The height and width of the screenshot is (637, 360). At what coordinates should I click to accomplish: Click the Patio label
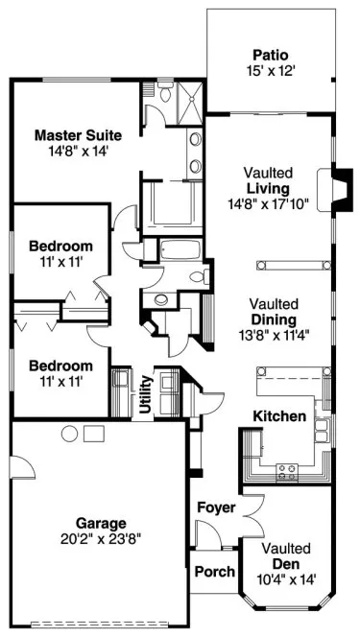[270, 55]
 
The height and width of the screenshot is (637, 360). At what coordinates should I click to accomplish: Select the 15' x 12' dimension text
[270, 70]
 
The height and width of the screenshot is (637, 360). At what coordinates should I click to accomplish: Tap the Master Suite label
[74, 134]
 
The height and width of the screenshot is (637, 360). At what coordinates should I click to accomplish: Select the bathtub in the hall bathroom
[180, 251]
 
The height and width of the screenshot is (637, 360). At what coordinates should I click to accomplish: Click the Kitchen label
[279, 416]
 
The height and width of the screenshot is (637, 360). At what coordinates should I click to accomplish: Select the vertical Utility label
[146, 394]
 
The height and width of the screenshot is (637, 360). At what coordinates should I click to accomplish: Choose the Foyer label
[216, 507]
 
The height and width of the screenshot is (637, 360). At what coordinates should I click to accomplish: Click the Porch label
[214, 572]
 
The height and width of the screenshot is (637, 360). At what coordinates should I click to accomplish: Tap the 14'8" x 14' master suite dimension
[74, 150]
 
